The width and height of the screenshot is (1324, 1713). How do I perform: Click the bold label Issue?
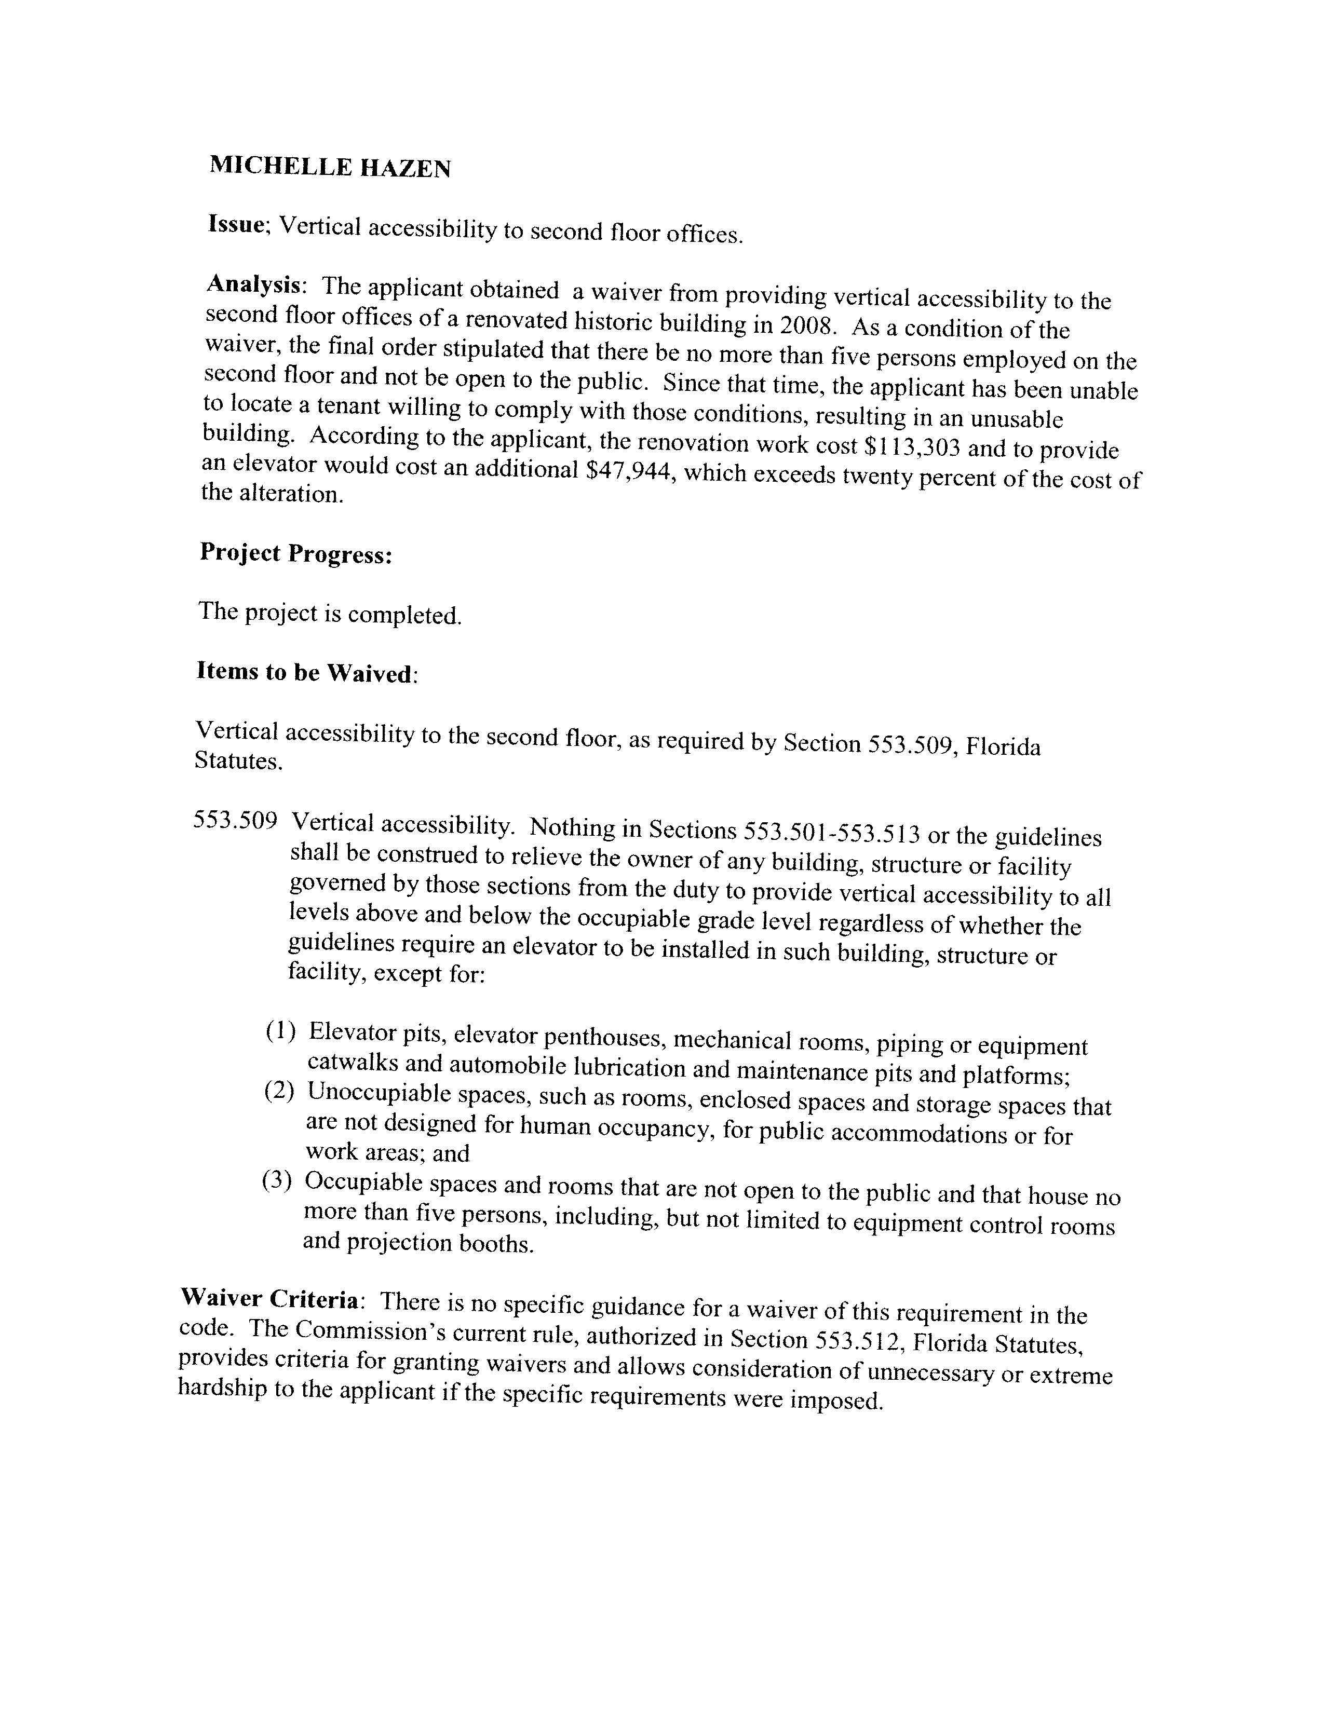tap(237, 224)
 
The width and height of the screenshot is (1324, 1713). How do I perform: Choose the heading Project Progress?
tap(296, 554)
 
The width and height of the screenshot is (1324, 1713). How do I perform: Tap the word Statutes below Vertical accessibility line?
tap(237, 762)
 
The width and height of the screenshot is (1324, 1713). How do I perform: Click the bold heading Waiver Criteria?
tap(270, 1299)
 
